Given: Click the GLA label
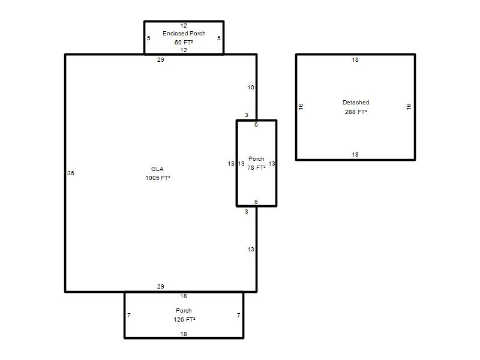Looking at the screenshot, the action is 157,169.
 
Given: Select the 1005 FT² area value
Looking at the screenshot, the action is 158,178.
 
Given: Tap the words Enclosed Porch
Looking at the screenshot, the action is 184,33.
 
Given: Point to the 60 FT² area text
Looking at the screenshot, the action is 184,42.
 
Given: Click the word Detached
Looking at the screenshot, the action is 356,102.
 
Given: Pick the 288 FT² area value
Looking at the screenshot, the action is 356,112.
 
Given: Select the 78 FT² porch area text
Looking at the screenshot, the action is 256,168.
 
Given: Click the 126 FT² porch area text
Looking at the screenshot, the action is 184,320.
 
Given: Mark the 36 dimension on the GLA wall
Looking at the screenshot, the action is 71,173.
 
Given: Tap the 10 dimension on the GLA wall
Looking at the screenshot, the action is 251,88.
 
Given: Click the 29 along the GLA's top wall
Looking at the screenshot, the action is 161,59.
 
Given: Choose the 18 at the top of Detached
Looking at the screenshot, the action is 355,59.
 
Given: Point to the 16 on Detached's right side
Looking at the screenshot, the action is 409,107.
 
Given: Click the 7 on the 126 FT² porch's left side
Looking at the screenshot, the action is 129,316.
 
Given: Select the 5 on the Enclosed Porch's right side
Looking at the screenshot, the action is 219,38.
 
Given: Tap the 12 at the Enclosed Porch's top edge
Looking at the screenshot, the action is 184,26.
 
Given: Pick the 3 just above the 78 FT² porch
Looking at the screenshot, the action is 247,115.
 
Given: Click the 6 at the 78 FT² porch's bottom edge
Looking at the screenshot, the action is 256,202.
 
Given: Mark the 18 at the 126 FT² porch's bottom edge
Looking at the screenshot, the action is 184,334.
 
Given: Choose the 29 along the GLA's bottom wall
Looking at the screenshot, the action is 161,287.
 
